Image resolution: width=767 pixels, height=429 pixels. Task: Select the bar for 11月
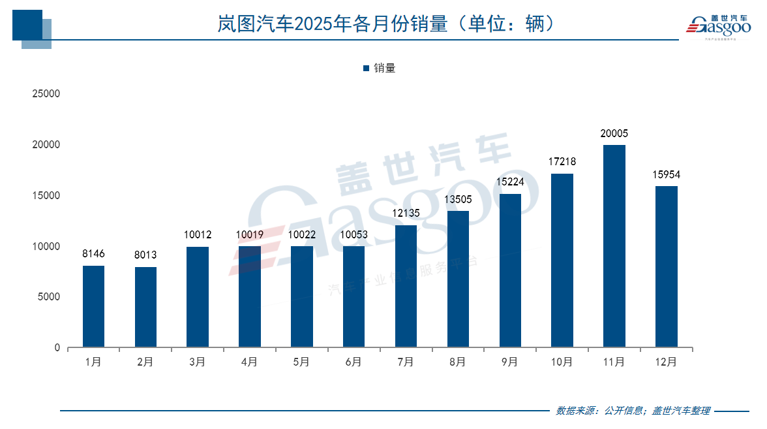[x=614, y=246]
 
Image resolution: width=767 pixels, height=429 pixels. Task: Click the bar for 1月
[x=94, y=306]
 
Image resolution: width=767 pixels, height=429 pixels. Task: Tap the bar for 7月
[x=406, y=286]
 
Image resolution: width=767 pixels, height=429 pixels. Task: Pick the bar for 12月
[x=666, y=266]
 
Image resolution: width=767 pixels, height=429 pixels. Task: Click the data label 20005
[x=614, y=134]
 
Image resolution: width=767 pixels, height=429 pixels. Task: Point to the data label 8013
[x=146, y=255]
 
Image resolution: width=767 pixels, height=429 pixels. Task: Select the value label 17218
[x=562, y=162]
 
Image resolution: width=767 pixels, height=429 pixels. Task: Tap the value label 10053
[x=353, y=235]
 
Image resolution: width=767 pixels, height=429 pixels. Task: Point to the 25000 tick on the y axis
[x=46, y=94]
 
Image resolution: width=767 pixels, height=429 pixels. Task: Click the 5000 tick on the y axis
[x=48, y=297]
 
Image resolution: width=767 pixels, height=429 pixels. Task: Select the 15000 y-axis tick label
[x=46, y=196]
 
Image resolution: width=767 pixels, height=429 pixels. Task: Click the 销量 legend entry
[x=380, y=68]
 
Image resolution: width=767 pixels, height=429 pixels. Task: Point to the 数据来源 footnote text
[x=632, y=411]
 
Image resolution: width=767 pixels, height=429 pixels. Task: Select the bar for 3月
[x=198, y=297]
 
